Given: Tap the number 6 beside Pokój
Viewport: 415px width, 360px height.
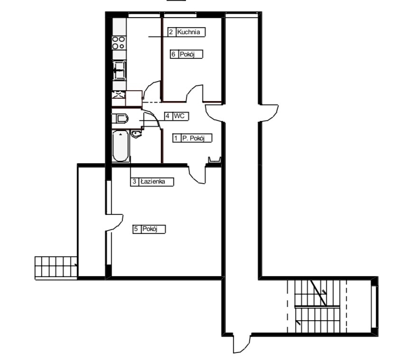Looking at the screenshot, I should [x=174, y=55].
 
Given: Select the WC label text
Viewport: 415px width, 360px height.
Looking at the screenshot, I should [x=179, y=116].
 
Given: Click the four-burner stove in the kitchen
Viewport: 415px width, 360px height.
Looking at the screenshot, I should [x=119, y=43].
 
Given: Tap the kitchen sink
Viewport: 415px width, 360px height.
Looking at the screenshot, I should [x=119, y=72].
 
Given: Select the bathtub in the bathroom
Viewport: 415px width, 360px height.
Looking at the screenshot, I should [x=121, y=146].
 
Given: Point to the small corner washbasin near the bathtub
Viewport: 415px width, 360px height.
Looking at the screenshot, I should [x=137, y=134].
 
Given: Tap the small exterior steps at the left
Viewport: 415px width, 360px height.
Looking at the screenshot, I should [x=56, y=267].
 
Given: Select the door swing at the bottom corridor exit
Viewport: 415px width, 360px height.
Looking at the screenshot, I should [x=241, y=344].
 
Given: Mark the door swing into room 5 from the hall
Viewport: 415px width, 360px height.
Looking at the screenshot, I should [x=197, y=174].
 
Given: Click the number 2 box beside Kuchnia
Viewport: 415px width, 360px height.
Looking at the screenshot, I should [x=171, y=33].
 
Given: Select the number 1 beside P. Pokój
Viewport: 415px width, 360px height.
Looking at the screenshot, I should [x=176, y=138].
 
